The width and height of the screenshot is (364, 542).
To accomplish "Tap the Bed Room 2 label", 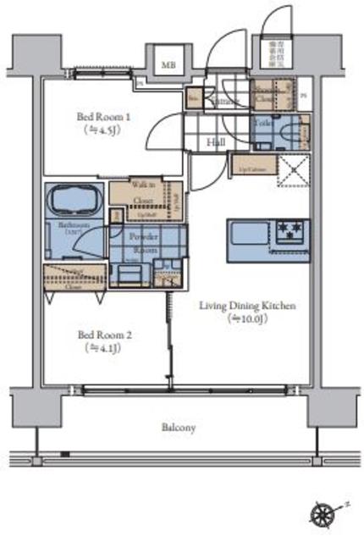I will [103, 334].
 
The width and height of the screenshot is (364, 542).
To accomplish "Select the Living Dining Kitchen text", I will [246, 306].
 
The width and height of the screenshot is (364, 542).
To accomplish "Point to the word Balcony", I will [179, 428].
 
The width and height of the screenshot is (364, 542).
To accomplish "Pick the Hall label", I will [216, 141].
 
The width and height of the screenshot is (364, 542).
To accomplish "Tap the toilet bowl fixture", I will [290, 133].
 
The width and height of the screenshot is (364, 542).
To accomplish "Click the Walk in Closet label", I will [142, 192].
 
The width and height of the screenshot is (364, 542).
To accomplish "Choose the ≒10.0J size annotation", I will [246, 318].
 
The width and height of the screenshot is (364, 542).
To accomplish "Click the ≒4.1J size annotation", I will [103, 347].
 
